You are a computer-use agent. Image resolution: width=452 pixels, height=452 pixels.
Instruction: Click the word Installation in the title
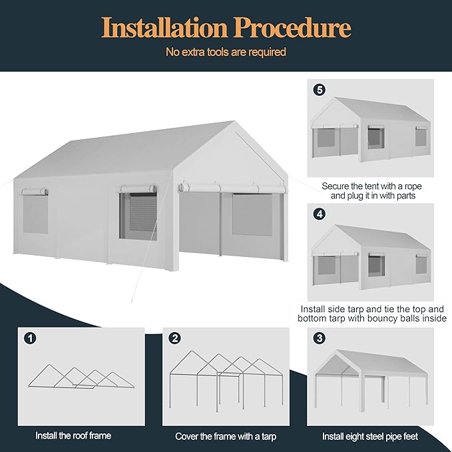click(x=163, y=28)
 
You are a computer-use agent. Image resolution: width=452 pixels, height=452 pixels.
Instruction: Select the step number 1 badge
click(x=30, y=338)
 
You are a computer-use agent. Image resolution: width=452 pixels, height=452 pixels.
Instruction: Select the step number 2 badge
click(x=174, y=338)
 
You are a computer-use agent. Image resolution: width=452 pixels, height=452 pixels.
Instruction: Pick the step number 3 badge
click(x=319, y=338)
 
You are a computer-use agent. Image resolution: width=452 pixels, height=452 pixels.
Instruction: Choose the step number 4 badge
click(x=319, y=215)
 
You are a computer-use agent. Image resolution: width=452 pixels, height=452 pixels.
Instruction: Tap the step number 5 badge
click(x=319, y=90)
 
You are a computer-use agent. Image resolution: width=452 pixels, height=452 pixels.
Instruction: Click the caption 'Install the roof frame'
click(x=73, y=436)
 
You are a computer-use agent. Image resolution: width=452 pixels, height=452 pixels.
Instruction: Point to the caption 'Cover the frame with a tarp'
click(x=225, y=436)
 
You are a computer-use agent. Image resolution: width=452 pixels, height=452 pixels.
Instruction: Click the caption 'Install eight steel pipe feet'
click(x=370, y=436)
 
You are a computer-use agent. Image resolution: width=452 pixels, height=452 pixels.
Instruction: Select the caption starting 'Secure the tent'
click(x=371, y=191)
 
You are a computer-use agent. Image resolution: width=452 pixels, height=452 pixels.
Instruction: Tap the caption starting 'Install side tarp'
click(x=371, y=314)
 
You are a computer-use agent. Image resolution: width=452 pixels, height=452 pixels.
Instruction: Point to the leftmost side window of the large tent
click(x=35, y=214)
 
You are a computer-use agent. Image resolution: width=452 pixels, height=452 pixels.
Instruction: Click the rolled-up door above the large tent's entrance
click(x=232, y=188)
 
